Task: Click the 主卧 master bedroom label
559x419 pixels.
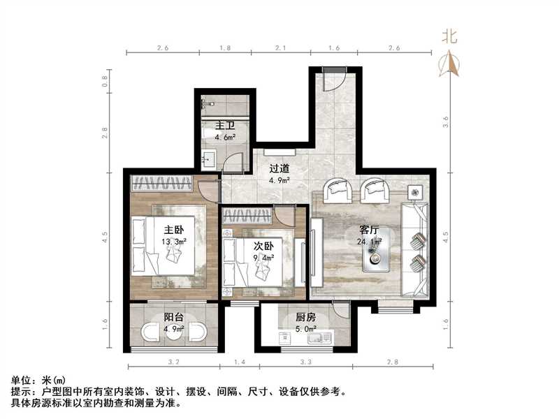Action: click(x=174, y=230)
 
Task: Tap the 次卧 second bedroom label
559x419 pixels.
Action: click(x=263, y=246)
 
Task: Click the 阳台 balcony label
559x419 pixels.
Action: click(x=174, y=316)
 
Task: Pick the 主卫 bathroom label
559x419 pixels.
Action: click(x=224, y=126)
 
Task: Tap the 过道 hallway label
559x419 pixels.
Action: click(x=279, y=169)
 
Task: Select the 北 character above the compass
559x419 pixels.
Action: click(x=449, y=36)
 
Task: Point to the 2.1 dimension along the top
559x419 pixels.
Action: click(x=280, y=48)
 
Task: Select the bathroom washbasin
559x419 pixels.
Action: click(x=208, y=160)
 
